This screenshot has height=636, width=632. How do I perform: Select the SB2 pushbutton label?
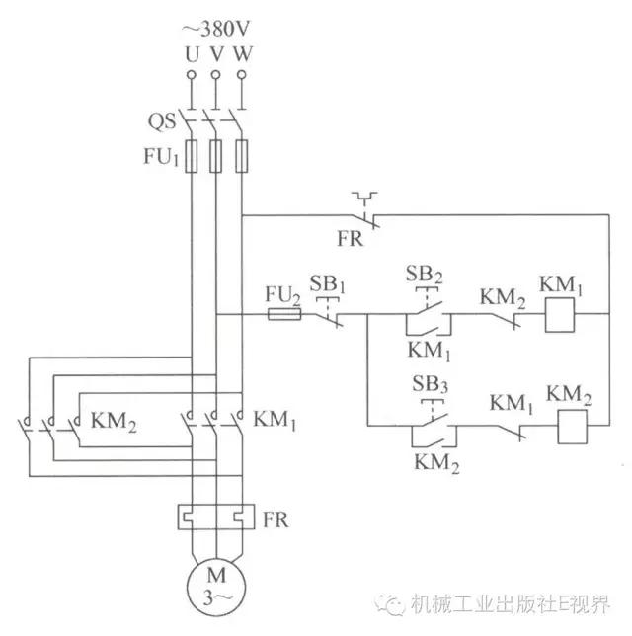(428, 273)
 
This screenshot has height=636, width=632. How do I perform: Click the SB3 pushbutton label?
(428, 384)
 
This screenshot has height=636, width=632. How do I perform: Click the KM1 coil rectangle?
(560, 315)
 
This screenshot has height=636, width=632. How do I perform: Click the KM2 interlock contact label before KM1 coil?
(502, 294)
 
